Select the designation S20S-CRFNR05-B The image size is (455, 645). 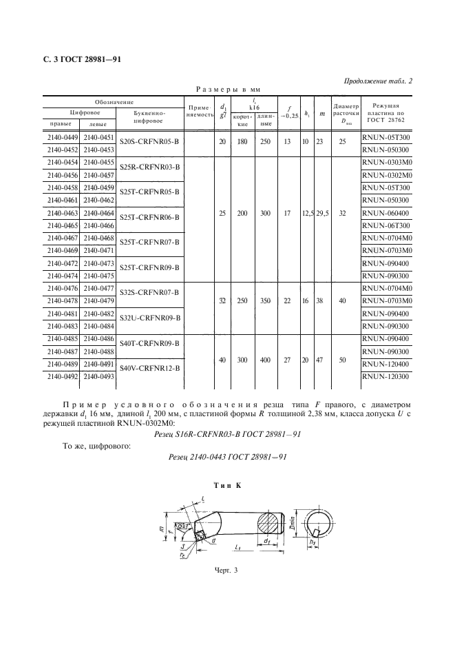pos(149,143)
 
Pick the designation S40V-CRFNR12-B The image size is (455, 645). pos(149,369)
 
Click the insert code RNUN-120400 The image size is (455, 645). pos(385,364)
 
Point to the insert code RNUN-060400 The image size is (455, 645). pos(385,213)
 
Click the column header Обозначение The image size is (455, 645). pos(114,101)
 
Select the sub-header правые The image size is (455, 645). pos(61,124)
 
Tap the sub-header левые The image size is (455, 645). pos(97,124)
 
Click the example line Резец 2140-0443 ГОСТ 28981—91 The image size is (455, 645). pos(226,458)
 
